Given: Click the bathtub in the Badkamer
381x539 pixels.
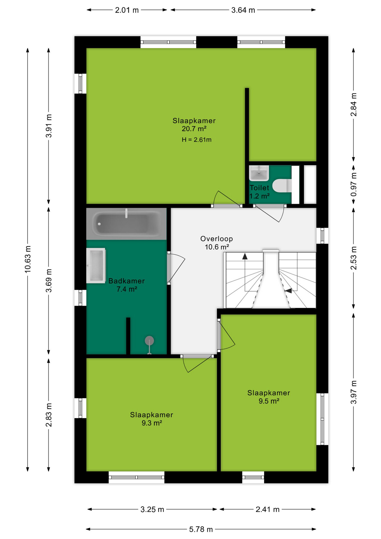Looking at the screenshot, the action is pyautogui.click(x=126, y=224).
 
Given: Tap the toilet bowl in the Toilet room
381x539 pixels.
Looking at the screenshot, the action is pyautogui.click(x=282, y=186).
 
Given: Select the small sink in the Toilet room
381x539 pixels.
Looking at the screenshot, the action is pyautogui.click(x=259, y=173).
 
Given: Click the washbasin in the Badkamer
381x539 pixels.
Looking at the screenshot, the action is pyautogui.click(x=96, y=266).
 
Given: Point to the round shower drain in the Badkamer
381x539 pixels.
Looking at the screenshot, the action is pyautogui.click(x=149, y=341).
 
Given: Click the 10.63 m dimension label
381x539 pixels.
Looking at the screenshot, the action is pyautogui.click(x=27, y=259).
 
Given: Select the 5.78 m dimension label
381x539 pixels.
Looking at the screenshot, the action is pyautogui.click(x=201, y=529).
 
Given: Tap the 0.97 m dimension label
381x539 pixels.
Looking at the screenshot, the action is pyautogui.click(x=354, y=184).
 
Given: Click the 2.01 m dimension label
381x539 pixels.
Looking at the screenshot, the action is pyautogui.click(x=127, y=10).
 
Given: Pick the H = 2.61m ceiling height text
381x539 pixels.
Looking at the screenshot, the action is pyautogui.click(x=196, y=140).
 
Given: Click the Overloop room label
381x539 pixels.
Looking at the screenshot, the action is pyautogui.click(x=216, y=239).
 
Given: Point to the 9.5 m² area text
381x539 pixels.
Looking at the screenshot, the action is pyautogui.click(x=269, y=401).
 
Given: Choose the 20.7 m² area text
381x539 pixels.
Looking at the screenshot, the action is pyautogui.click(x=194, y=129).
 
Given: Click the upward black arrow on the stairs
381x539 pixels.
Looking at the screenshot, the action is pyautogui.click(x=245, y=256).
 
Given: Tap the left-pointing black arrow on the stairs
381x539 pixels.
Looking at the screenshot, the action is pyautogui.click(x=288, y=291).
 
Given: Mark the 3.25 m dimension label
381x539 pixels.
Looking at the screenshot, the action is pyautogui.click(x=152, y=509).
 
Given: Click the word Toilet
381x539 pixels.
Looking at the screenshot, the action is pyautogui.click(x=259, y=188).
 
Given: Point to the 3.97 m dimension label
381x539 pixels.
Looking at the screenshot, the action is pyautogui.click(x=354, y=392).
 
